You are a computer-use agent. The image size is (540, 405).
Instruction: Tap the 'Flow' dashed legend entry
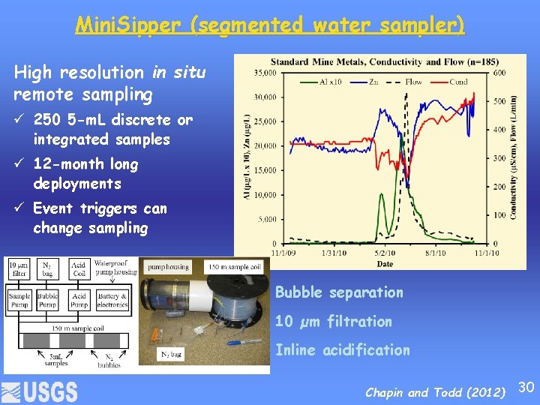pyautogui.click(x=405, y=82)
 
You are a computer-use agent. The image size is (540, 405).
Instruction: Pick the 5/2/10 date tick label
pyautogui.click(x=384, y=253)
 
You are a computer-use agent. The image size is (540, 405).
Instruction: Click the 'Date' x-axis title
pyautogui.click(x=384, y=263)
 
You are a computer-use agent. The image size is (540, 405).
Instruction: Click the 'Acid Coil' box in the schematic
pyautogui.click(x=79, y=268)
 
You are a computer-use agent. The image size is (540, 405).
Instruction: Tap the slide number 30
pyautogui.click(x=526, y=387)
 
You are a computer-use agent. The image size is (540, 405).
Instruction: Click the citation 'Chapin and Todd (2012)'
pyautogui.click(x=436, y=392)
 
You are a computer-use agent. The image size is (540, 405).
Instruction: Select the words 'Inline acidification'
pyautogui.click(x=342, y=349)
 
